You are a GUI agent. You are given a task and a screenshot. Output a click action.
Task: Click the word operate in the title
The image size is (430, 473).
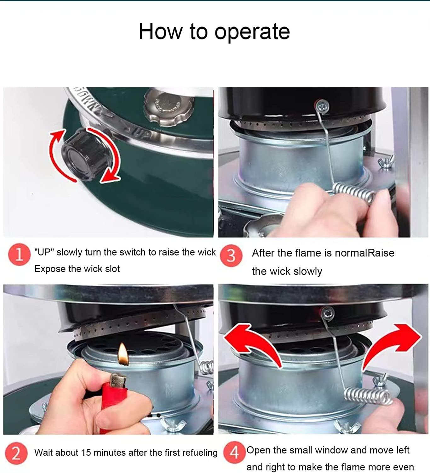point(252,32)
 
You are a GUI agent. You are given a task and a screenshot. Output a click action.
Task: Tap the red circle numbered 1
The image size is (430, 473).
point(19,254)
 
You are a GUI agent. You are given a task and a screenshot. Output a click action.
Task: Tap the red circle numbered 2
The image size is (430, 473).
point(16,453)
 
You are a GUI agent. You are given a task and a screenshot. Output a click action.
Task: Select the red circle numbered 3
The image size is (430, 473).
point(231,255)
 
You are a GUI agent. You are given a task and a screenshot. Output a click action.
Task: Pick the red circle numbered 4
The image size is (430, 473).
point(234,453)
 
